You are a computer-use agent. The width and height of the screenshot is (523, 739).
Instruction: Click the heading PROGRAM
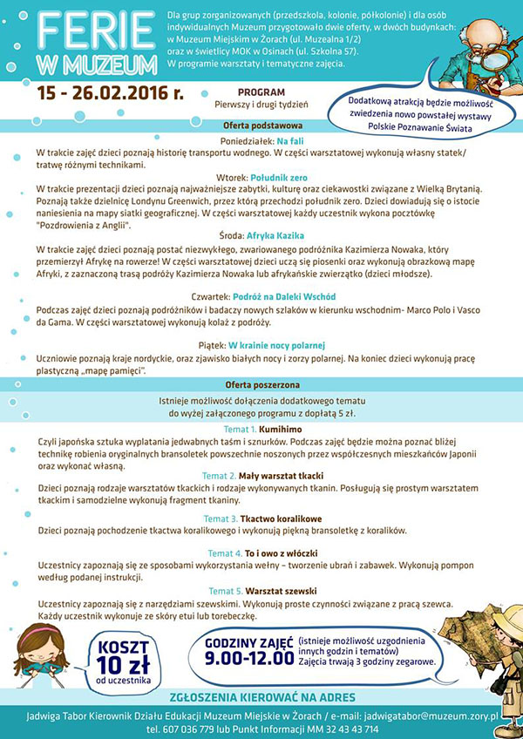pos(260,92)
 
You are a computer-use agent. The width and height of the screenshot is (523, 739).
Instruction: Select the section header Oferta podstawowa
pos(261,126)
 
